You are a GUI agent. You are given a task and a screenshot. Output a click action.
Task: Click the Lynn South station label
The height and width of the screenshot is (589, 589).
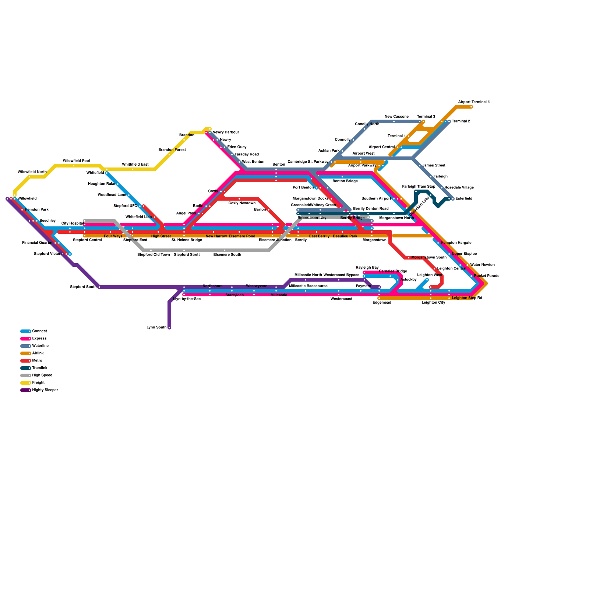click(156, 327)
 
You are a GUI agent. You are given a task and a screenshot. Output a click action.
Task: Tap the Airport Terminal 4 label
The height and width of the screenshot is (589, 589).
click(474, 102)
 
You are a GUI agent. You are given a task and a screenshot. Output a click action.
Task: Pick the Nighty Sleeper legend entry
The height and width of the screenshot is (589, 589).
click(45, 390)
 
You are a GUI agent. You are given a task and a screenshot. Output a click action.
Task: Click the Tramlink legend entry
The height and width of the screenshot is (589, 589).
click(40, 368)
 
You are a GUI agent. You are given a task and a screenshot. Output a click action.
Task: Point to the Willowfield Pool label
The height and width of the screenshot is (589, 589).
click(76, 161)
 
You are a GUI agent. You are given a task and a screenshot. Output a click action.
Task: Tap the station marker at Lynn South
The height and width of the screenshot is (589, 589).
click(169, 328)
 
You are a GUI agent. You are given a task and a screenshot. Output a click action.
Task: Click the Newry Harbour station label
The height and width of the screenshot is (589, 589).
click(226, 133)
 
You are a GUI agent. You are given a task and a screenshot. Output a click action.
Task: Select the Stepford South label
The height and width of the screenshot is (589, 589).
click(83, 287)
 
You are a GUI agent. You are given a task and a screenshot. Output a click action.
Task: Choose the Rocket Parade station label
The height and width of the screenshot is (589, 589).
click(487, 276)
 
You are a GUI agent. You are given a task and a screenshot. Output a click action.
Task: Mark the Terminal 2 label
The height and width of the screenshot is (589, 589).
click(461, 121)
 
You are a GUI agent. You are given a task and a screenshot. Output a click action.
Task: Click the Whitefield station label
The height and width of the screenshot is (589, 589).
click(95, 173)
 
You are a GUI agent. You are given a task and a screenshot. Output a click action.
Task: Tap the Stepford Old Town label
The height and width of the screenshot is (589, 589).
click(154, 255)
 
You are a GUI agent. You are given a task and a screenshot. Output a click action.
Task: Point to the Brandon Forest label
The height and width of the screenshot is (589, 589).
click(172, 150)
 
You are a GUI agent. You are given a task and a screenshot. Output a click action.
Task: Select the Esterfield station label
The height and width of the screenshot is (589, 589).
click(464, 199)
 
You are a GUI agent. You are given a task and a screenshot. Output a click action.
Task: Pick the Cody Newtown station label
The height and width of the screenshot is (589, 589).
click(242, 203)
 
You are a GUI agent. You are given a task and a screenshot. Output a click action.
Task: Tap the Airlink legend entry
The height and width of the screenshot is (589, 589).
click(38, 353)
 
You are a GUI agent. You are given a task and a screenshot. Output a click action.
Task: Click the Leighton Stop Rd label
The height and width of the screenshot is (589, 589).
click(467, 298)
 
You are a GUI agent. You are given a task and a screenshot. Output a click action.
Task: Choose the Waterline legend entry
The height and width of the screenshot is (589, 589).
click(40, 346)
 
